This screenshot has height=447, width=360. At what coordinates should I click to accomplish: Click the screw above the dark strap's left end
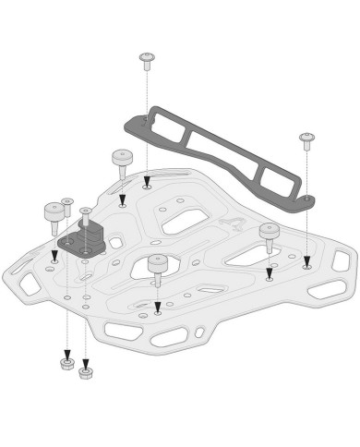pyautogui.click(x=147, y=60)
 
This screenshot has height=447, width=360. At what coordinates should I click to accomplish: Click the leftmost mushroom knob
pyautogui.click(x=53, y=214)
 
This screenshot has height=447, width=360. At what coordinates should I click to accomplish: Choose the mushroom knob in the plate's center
pyautogui.click(x=157, y=266)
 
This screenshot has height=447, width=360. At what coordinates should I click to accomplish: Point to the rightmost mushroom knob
pyautogui.click(x=269, y=234)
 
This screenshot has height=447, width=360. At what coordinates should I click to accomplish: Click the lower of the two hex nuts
pyautogui.click(x=86, y=373)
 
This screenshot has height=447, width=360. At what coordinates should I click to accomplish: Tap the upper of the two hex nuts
pyautogui.click(x=66, y=363)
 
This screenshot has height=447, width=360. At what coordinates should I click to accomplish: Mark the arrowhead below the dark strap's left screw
pyautogui.click(x=147, y=183)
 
